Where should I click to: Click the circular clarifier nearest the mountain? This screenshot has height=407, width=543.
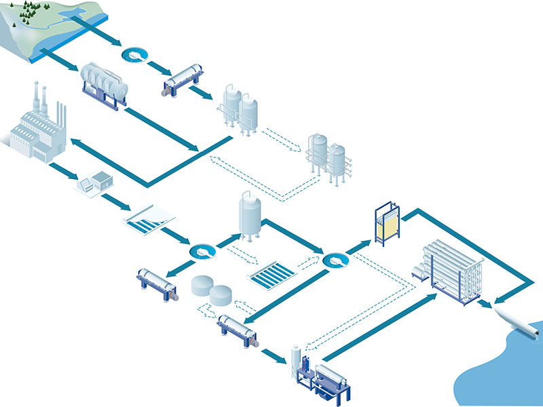point(135,54)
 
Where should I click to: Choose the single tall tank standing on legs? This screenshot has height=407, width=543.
point(250,216)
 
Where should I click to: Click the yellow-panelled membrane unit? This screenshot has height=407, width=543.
point(388,223)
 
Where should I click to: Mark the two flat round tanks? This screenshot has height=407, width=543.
point(210,290)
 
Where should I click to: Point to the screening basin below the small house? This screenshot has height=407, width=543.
point(149,218)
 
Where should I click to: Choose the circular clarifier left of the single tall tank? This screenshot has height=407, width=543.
point(202,252)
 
